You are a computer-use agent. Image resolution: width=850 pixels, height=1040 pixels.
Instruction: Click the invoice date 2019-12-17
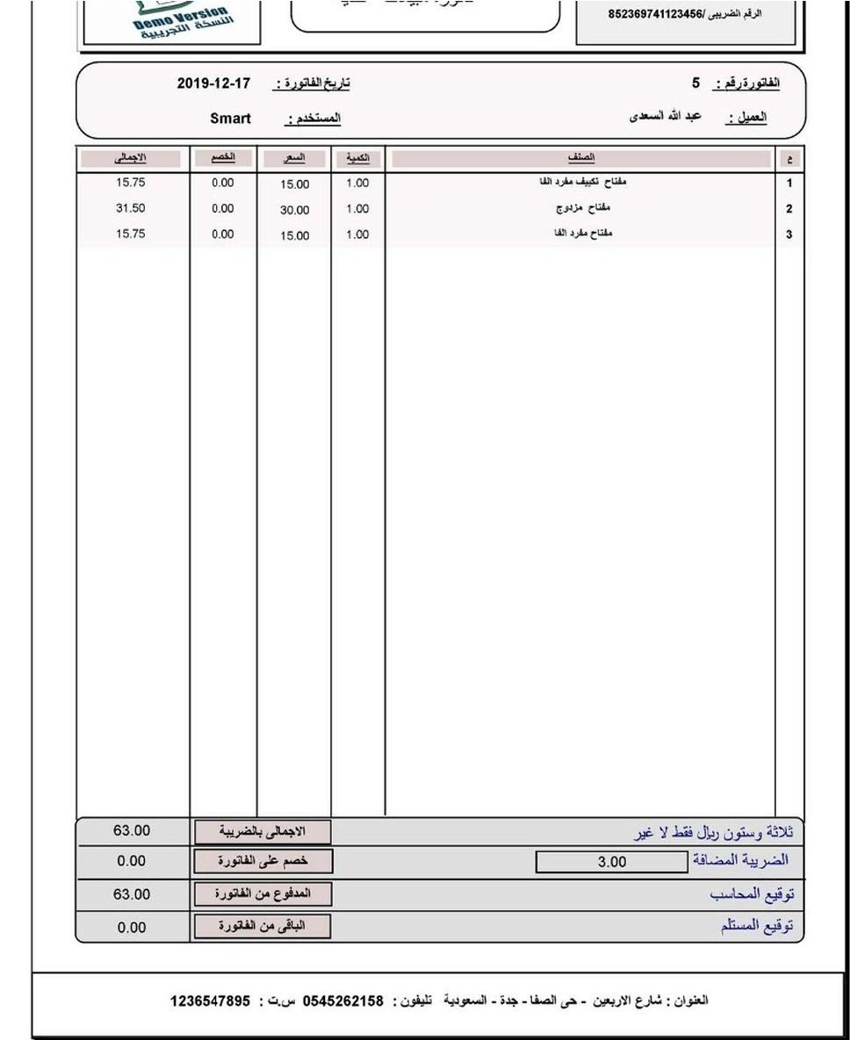coord(213,84)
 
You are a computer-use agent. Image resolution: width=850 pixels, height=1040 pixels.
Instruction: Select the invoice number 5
coord(695,83)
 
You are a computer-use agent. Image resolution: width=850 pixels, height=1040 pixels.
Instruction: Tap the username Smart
coord(230,119)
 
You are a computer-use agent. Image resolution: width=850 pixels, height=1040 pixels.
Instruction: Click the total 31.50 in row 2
coord(130,209)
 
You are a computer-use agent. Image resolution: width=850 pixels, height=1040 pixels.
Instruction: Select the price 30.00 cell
coord(294,211)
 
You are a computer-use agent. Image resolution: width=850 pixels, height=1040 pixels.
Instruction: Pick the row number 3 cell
coord(789,235)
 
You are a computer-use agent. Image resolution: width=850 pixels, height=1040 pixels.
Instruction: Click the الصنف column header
coord(580,158)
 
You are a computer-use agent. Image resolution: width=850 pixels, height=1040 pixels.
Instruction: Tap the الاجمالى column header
coord(130,158)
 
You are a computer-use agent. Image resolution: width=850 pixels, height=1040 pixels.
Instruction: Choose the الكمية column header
coord(358,158)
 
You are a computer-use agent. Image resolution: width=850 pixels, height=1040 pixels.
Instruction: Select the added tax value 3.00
coord(611,863)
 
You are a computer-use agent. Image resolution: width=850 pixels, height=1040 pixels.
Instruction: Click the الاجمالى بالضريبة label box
coord(262,831)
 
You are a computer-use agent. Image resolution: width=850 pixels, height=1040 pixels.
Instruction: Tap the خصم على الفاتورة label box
coord(262,862)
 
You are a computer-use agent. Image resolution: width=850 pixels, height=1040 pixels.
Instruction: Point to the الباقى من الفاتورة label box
coord(262,927)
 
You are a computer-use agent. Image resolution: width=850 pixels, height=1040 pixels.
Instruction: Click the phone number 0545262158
coord(343,1001)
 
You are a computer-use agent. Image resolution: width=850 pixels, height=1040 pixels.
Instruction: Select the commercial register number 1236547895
coord(210,1001)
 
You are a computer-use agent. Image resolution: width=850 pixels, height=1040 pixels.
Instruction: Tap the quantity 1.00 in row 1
coord(357,184)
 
